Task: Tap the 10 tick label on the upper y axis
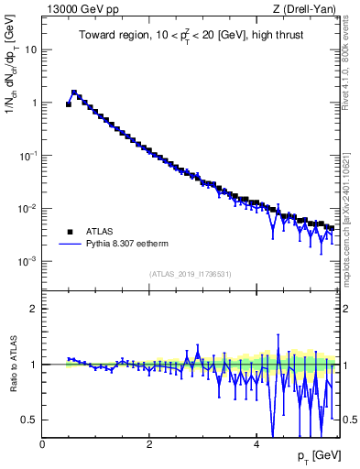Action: (30, 49)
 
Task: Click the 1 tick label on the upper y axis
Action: (34, 103)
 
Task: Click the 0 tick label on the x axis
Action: (42, 442)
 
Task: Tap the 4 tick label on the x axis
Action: (256, 442)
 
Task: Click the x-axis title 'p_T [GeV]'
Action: (317, 456)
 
